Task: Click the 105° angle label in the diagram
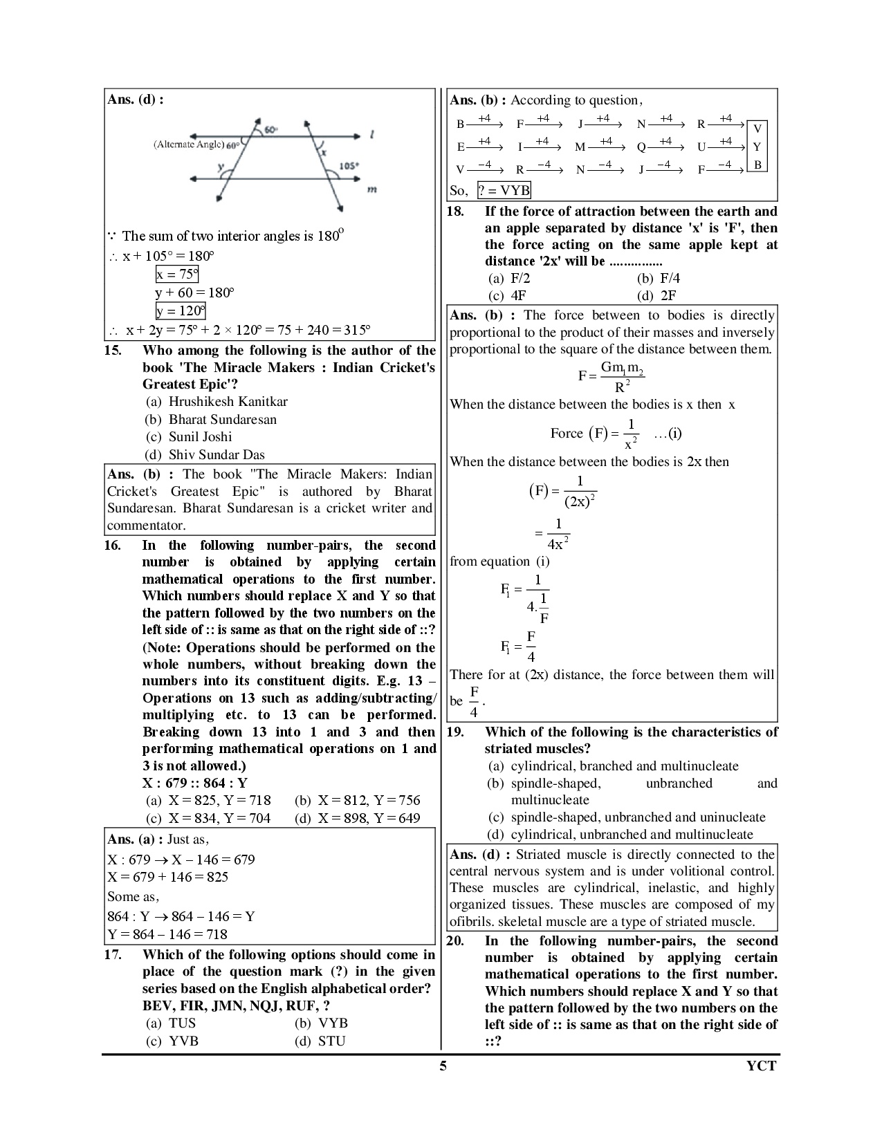[349, 166]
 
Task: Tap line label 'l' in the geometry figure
[373, 136]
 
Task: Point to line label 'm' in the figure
[371, 188]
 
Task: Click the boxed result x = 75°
[177, 275]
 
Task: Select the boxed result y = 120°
[181, 311]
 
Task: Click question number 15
[113, 351]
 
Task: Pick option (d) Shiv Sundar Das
[205, 455]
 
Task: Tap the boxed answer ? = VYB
[504, 191]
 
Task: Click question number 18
[455, 212]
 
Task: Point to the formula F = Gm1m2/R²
[612, 376]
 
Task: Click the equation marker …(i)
[668, 434]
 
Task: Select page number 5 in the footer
[443, 1066]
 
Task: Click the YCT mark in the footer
[762, 1066]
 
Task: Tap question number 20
[455, 941]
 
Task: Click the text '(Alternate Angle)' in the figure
[189, 145]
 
